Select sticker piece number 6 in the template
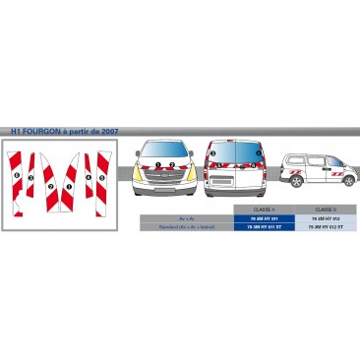[x=18, y=176]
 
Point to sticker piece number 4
[x=88, y=178]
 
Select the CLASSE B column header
[x=324, y=210]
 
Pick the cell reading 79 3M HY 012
[x=324, y=218]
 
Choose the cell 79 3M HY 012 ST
[x=324, y=227]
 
